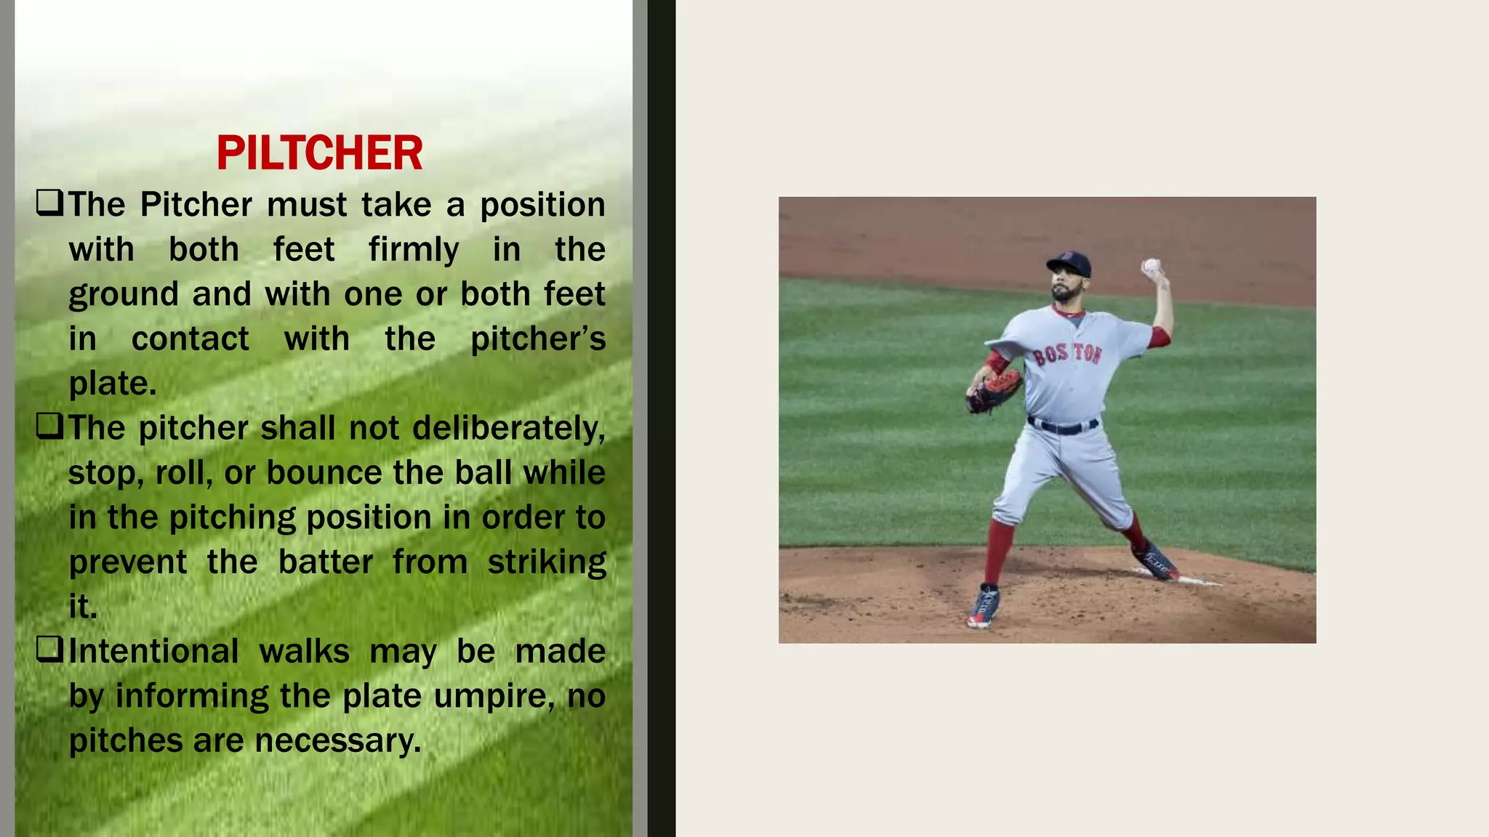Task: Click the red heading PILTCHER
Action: coord(319,153)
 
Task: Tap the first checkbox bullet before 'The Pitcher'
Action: coord(49,203)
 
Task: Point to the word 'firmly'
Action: coord(413,250)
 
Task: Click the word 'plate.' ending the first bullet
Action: coord(113,384)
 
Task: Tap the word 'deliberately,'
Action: coord(508,428)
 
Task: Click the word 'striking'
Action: coord(546,562)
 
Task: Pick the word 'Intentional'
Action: coord(153,651)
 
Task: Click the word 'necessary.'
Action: coord(338,741)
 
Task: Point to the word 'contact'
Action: coord(190,339)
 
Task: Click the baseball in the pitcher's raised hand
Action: coord(1151,266)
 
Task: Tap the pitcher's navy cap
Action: coord(1069,263)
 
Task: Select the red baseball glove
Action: coord(993,392)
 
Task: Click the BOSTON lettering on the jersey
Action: coord(1067,354)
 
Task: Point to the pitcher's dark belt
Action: coord(1062,426)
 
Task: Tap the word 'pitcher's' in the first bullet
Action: coord(537,339)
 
